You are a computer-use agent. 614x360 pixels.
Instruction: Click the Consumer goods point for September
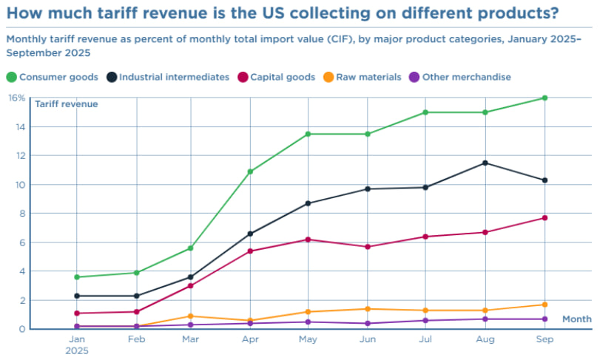tap(544, 98)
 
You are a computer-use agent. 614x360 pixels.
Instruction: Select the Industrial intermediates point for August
tap(485, 163)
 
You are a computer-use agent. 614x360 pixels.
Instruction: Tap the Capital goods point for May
tap(308, 240)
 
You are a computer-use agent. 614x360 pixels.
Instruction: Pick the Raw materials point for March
tap(191, 316)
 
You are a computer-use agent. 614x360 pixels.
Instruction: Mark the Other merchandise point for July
tap(425, 320)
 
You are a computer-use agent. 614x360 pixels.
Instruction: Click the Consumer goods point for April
tap(250, 171)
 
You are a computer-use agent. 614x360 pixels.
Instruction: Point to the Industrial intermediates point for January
tap(77, 296)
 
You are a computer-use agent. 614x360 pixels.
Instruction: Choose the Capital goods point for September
tap(544, 217)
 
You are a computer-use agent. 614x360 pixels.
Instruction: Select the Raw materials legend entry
tap(365, 77)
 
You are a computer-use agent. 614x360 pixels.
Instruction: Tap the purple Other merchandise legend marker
tap(414, 77)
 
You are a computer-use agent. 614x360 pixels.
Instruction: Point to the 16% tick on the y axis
tap(16, 98)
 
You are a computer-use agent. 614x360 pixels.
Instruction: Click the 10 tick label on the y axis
tap(19, 185)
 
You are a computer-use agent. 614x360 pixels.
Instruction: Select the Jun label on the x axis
tap(367, 339)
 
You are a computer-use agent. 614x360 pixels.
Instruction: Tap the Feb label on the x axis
tap(137, 339)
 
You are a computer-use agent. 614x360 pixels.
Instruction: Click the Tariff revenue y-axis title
tap(67, 104)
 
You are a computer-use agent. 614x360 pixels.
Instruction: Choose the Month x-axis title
tap(576, 319)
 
